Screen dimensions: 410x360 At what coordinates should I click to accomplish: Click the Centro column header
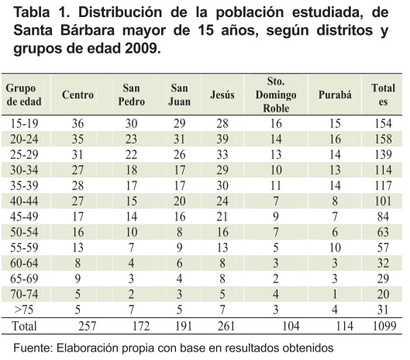[78, 95]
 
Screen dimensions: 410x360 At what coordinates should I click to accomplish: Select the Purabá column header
[335, 95]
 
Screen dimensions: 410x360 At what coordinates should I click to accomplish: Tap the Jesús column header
[222, 95]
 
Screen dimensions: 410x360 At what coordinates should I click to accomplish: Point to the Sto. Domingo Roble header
[276, 95]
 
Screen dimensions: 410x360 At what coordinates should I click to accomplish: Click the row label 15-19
[24, 123]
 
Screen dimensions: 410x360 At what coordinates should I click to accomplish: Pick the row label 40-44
[24, 201]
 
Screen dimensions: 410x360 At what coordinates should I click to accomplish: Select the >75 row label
[23, 310]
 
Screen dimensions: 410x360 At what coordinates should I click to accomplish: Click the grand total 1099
[384, 326]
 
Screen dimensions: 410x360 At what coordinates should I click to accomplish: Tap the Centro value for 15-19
[78, 123]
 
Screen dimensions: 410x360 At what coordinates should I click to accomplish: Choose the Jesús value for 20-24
[222, 139]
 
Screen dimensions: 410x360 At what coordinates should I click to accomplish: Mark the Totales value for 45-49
[383, 216]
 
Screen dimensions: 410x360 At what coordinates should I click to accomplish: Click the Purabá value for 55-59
[335, 247]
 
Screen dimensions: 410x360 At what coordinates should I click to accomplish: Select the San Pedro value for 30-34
[131, 170]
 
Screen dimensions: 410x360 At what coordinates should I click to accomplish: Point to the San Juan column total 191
[183, 326]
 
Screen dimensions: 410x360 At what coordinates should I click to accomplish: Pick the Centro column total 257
[88, 326]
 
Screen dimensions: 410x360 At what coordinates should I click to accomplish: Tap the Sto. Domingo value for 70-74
[276, 294]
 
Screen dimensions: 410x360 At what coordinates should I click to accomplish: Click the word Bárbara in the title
[88, 30]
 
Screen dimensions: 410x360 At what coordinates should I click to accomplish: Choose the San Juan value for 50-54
[179, 232]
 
